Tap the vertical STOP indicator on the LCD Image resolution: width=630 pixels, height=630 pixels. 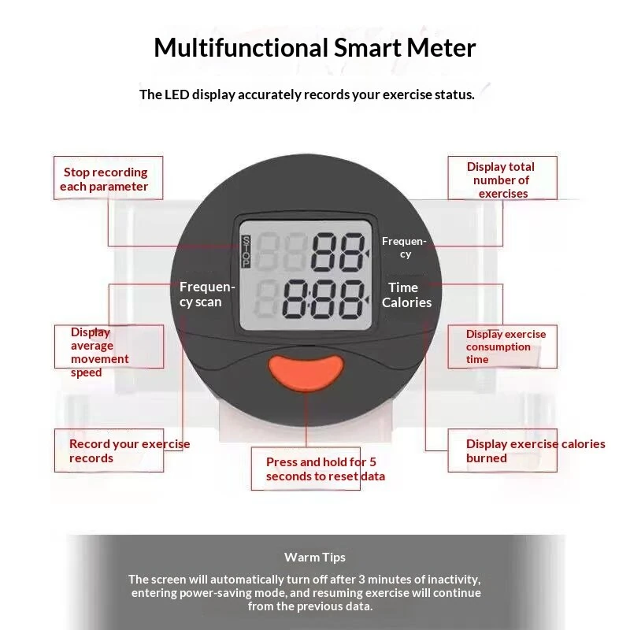(246, 252)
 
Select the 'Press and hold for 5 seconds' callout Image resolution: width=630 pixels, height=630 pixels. (325, 469)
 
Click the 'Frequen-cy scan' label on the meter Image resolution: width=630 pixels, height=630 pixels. (207, 294)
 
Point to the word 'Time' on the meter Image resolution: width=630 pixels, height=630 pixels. (403, 287)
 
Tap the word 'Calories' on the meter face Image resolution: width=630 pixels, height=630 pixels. (406, 302)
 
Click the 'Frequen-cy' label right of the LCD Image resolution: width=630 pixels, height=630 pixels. (404, 247)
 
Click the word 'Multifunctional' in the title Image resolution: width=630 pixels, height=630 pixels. (241, 47)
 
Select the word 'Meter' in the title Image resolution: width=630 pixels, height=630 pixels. (441, 47)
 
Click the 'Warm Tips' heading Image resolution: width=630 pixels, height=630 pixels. (314, 558)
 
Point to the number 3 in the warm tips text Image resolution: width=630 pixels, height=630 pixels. (362, 580)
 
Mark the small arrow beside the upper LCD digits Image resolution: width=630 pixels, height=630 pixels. (366, 254)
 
